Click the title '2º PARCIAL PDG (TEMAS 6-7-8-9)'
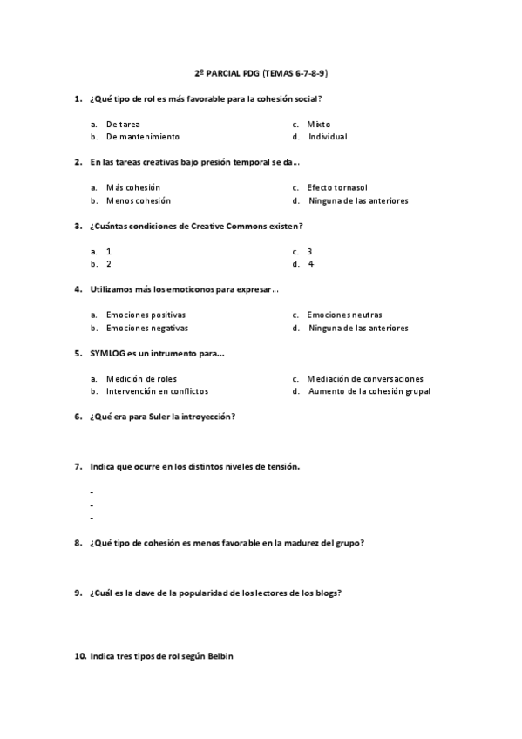tap(261, 74)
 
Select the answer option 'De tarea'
tap(123, 125)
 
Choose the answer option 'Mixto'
tap(318, 125)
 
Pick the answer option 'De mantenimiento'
tap(142, 137)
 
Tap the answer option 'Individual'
tap(328, 137)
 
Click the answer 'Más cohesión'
tap(132, 188)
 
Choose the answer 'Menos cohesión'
tap(138, 200)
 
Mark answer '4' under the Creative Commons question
tap(311, 264)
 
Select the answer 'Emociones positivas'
tap(146, 315)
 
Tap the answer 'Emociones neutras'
tap(344, 315)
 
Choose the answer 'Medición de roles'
tap(142, 379)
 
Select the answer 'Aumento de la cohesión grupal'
tap(369, 391)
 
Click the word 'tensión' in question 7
tap(282, 467)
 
